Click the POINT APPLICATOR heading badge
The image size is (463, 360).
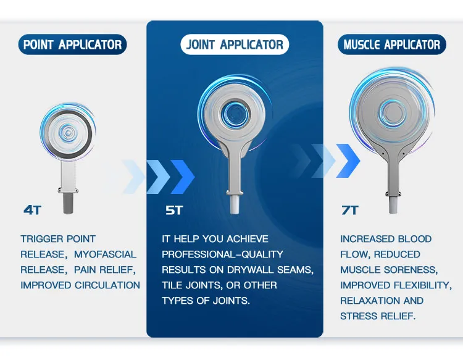click(x=72, y=44)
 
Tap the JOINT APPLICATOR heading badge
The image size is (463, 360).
click(x=235, y=44)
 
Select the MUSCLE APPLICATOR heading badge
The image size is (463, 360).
click(x=391, y=44)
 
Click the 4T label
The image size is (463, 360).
click(x=32, y=210)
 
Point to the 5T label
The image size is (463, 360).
click(x=174, y=210)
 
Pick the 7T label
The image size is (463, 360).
click(x=349, y=210)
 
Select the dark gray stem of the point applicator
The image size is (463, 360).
click(x=67, y=203)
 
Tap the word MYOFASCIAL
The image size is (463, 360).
click(x=105, y=254)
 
